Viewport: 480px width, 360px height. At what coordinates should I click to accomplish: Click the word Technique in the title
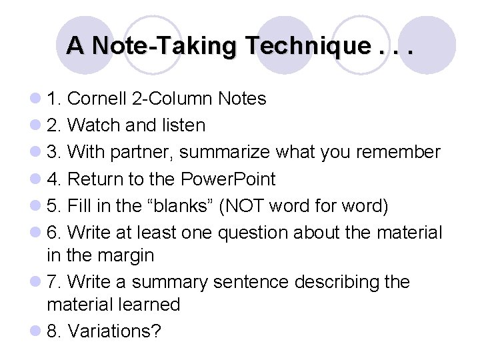coord(307,45)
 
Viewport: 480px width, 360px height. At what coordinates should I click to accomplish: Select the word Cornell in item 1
coord(103,99)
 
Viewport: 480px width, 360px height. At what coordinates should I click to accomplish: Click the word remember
coord(399,153)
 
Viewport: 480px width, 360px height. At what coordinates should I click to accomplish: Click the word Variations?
coord(115,331)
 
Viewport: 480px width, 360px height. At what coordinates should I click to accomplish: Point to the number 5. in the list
coord(54,206)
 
